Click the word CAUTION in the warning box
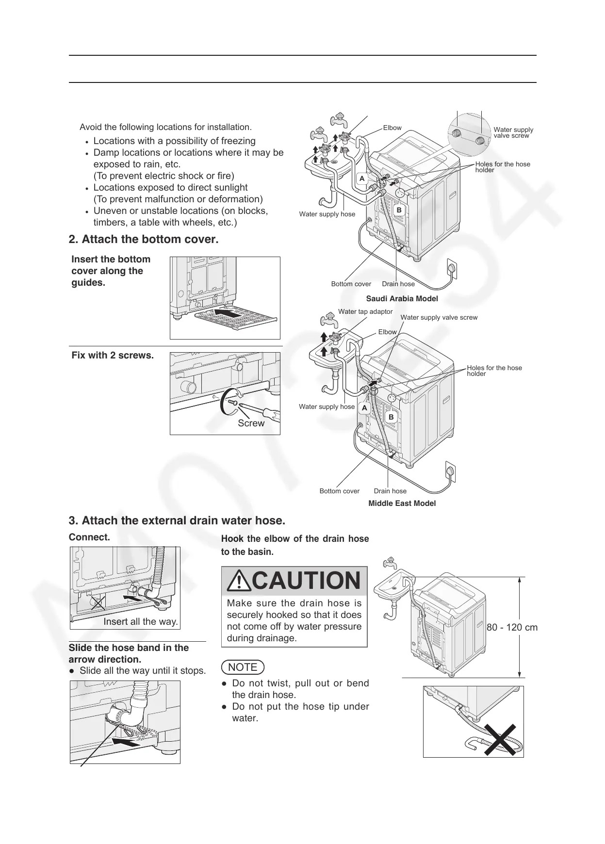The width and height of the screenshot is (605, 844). point(306,581)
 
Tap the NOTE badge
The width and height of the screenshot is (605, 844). point(243,667)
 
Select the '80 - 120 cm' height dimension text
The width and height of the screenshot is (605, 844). point(512,627)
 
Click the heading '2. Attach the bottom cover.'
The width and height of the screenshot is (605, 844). point(144,240)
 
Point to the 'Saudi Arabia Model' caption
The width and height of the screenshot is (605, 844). point(402,299)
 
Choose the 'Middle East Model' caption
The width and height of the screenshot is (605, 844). point(402,503)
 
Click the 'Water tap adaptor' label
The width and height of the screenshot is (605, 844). point(365,311)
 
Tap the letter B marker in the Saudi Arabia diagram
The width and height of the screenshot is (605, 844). point(399,210)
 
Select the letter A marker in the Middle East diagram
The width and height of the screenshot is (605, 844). point(364,408)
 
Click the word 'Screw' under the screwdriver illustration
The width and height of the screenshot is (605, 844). point(251,423)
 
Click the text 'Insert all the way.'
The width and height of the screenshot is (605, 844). point(141,622)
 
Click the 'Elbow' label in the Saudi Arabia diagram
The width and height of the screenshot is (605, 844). point(392,128)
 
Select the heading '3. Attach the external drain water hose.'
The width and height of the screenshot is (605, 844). point(177,521)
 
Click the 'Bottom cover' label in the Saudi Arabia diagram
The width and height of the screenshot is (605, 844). point(351,284)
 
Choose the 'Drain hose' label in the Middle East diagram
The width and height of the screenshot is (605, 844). point(390,491)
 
